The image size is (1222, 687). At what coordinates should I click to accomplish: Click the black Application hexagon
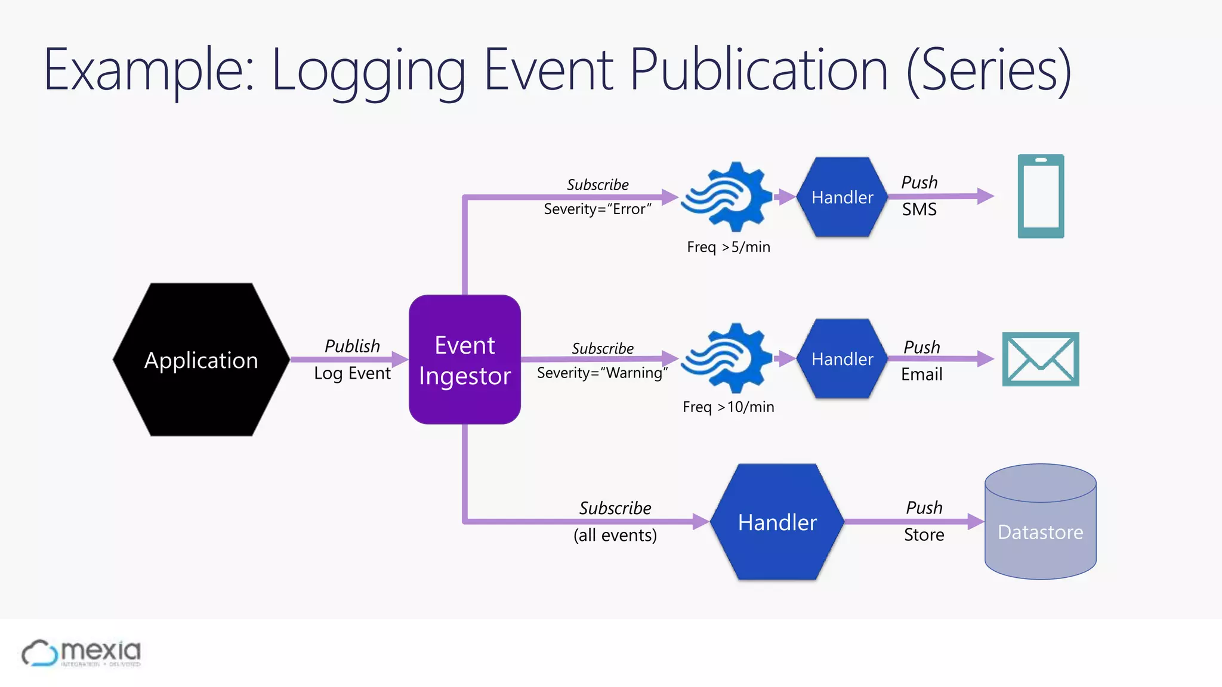click(x=201, y=360)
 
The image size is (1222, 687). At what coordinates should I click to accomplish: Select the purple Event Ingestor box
click(x=464, y=360)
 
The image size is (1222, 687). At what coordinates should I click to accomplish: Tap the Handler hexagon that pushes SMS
click(x=842, y=197)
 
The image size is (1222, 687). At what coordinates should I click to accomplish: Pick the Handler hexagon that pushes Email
click(x=842, y=358)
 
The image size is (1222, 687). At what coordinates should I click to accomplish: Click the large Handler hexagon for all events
click(x=777, y=522)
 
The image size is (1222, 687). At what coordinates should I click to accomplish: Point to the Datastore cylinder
click(x=1040, y=522)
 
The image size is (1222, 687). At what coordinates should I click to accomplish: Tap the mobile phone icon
click(x=1041, y=196)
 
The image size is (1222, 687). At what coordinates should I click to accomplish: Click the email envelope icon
click(x=1041, y=359)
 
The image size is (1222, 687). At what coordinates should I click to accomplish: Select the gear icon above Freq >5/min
click(x=727, y=197)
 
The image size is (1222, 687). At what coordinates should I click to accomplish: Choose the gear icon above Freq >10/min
click(x=727, y=358)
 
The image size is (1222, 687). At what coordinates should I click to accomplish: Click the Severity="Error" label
click(x=597, y=209)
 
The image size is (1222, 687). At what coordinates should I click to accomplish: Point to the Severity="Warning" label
click(x=602, y=373)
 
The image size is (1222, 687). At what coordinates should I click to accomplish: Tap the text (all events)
click(x=615, y=535)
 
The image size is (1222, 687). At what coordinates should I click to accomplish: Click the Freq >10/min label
click(x=729, y=407)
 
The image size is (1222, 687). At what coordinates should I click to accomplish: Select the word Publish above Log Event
click(x=352, y=346)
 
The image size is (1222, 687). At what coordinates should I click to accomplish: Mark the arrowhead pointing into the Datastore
click(x=976, y=522)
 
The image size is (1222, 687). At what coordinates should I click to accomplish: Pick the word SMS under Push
click(x=919, y=209)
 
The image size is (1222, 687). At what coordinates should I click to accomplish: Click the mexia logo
click(x=82, y=653)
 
